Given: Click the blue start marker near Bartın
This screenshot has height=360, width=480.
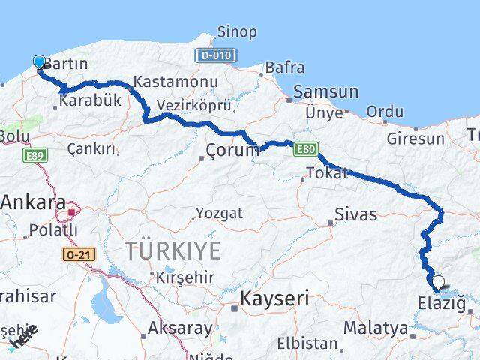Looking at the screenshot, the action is pos(40,62).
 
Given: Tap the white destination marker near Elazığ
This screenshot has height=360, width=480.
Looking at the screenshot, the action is pos(439,283).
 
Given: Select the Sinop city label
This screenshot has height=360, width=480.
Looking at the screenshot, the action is pos(236,32).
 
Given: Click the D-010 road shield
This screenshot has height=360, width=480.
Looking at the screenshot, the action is pos(216,55).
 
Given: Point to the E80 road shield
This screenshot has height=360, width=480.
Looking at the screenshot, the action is pos(305,150).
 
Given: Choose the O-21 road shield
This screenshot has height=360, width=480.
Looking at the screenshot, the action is pos(79,255).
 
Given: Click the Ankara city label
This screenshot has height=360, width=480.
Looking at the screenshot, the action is pos(33,202).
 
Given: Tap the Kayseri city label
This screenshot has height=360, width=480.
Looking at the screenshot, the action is pos(274,298).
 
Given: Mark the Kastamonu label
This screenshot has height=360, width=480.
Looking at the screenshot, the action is pos(175,82).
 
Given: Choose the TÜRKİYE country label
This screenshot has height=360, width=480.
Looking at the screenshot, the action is pos(172,250).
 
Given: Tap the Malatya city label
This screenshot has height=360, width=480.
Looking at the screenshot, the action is pos(376,328).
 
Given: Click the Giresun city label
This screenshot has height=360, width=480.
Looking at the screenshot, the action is pos(415,139).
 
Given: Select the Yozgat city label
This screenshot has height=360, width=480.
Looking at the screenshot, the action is pos(219,213).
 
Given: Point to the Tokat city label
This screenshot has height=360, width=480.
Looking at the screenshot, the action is pos(327,174).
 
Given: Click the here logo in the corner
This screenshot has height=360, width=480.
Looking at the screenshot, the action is pos(22,337).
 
